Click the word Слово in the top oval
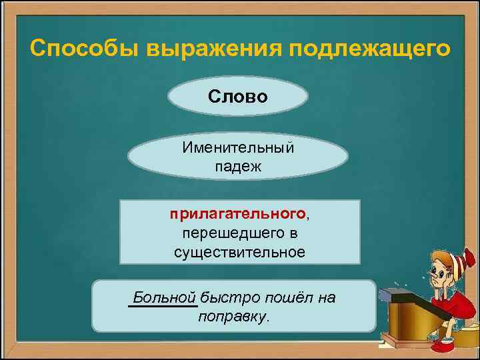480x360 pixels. point(237,97)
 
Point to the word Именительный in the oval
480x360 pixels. point(238,147)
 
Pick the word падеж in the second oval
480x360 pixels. point(238,166)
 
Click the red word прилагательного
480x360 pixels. point(237,215)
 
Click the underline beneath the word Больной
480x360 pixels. point(162,307)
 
